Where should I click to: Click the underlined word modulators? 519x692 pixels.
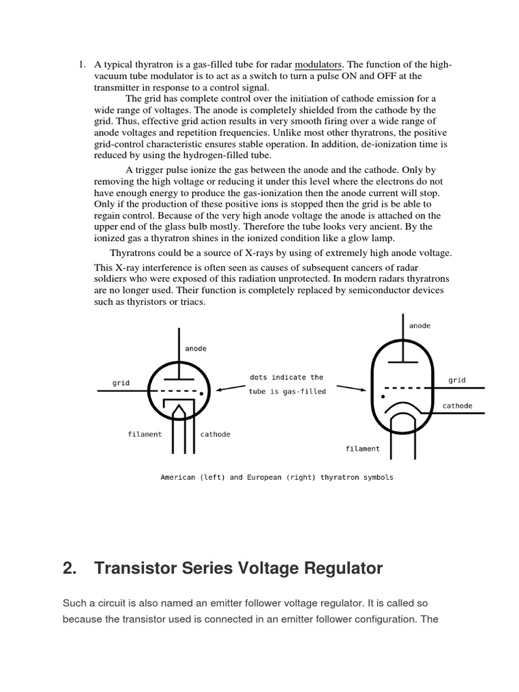click(x=318, y=65)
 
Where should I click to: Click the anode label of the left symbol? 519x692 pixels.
click(x=196, y=349)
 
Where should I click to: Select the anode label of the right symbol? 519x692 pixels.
click(x=420, y=326)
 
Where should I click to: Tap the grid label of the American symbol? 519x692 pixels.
click(x=121, y=383)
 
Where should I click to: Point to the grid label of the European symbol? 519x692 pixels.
click(x=457, y=380)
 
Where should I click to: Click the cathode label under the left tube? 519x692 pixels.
click(x=216, y=435)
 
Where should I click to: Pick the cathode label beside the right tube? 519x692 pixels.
click(x=458, y=406)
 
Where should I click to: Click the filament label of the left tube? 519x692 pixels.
click(x=145, y=435)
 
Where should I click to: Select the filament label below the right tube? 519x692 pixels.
click(x=363, y=449)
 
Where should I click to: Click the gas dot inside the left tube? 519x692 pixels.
click(x=201, y=392)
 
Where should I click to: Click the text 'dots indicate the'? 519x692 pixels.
click(x=287, y=378)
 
